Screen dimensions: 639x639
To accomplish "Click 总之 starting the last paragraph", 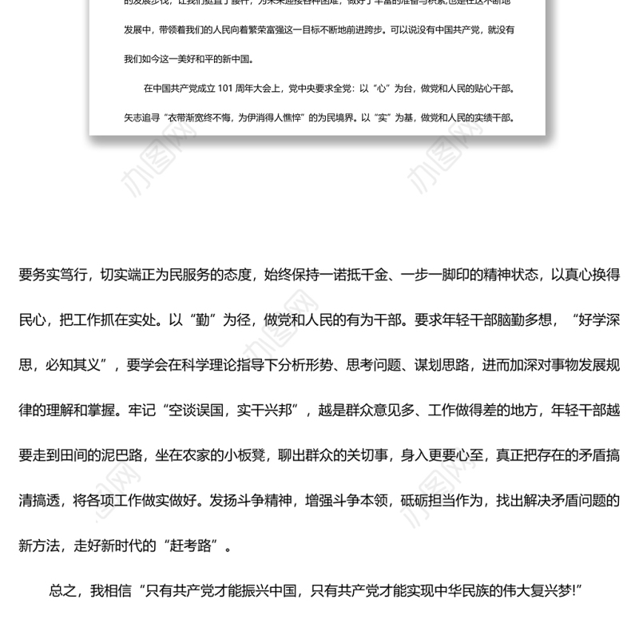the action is (63, 591).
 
